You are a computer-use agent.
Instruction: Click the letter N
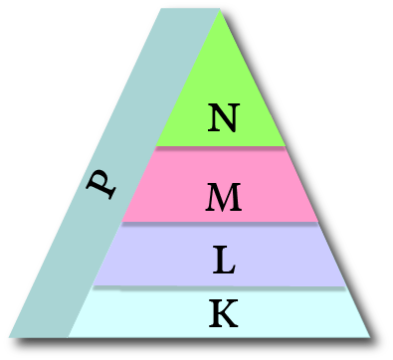click(224, 117)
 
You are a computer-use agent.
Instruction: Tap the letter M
click(224, 197)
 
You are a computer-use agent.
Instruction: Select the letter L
click(224, 260)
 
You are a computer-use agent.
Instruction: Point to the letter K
click(224, 313)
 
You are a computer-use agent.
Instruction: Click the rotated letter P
click(100, 184)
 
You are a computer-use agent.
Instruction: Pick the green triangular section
click(221, 99)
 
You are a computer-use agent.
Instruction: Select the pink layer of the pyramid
click(220, 184)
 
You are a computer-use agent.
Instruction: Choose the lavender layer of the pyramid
click(219, 255)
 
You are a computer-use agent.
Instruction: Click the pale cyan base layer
click(219, 312)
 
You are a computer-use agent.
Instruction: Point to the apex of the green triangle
click(220, 10)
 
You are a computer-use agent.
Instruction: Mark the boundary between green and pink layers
click(221, 146)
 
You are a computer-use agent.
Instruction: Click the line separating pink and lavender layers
click(220, 222)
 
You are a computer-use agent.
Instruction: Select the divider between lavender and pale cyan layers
click(219, 286)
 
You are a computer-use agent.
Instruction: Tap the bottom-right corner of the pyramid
click(370, 337)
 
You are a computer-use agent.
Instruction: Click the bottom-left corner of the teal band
click(9, 337)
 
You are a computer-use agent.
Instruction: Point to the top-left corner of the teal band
click(161, 9)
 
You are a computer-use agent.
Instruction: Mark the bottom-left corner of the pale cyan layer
click(69, 337)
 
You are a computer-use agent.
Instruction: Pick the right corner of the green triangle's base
click(286, 146)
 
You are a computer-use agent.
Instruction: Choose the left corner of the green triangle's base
click(156, 146)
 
